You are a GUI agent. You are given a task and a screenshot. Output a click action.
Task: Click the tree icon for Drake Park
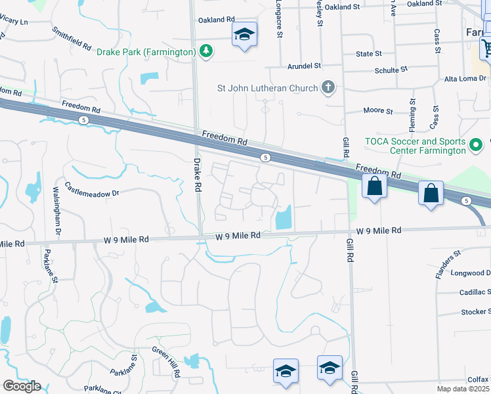[x=206, y=51]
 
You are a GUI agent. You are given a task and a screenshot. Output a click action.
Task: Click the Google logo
[x=22, y=386]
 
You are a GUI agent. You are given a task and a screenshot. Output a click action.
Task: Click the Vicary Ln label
[x=14, y=21]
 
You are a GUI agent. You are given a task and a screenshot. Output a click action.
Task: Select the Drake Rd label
[x=196, y=173]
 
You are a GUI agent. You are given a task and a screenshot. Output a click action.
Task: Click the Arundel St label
[x=304, y=66]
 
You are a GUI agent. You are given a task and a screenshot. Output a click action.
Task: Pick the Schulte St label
[x=391, y=69]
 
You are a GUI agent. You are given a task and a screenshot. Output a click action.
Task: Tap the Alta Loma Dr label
[x=466, y=79]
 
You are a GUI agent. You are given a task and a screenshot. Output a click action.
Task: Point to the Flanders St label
[x=449, y=265]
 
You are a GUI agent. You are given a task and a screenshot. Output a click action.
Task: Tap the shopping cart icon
[x=487, y=48]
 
